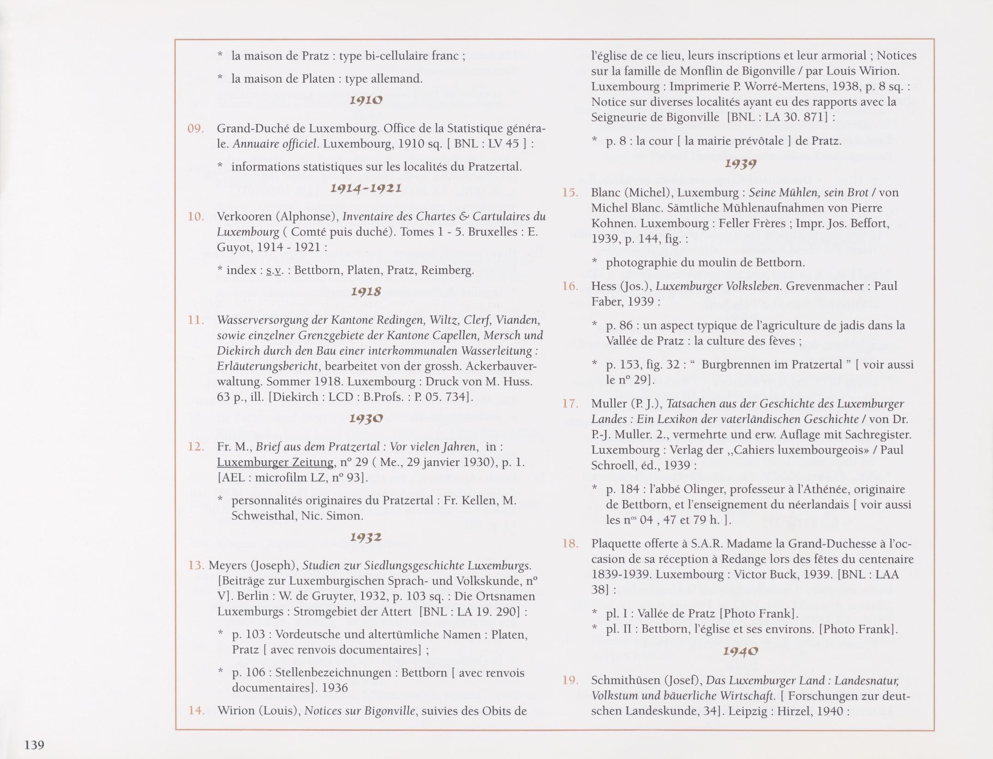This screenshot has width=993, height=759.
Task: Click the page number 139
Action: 34,744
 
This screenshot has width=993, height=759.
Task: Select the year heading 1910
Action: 366,100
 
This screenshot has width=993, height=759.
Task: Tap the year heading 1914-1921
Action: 366,188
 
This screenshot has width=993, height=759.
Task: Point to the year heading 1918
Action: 366,291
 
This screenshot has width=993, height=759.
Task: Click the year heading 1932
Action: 366,537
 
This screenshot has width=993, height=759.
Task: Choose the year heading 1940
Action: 740,651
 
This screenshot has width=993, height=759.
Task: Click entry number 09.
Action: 196,128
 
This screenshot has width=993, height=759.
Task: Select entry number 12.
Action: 196,446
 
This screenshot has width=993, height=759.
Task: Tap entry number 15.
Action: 570,192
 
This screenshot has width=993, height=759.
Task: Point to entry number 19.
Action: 570,680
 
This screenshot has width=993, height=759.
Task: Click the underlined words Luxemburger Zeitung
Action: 275,462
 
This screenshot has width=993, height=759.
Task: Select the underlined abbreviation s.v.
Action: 274,270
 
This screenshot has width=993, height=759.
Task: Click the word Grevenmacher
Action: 821,286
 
